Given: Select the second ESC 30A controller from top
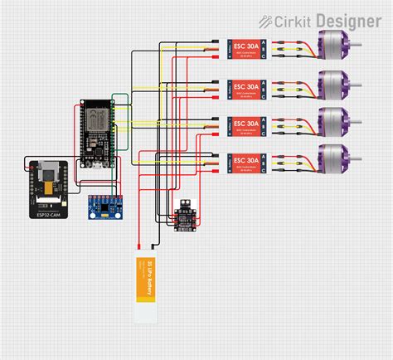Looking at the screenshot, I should coord(246,86).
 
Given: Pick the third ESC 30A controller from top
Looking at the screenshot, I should coord(246,124).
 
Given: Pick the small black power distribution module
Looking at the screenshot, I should coord(183,217).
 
